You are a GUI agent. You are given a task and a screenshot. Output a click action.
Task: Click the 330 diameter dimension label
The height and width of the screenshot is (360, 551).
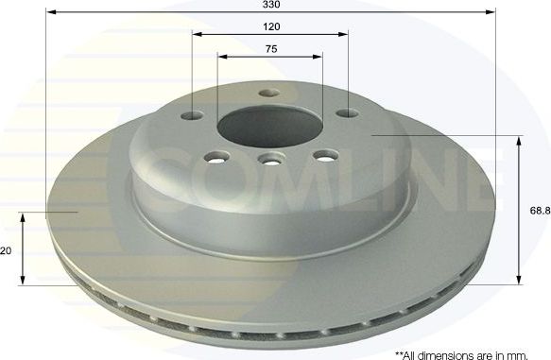coord(269,5)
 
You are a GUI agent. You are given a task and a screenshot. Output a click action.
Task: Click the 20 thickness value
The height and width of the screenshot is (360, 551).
coord(7,250)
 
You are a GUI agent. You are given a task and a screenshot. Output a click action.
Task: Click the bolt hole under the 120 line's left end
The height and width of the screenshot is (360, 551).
coord(193,116)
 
